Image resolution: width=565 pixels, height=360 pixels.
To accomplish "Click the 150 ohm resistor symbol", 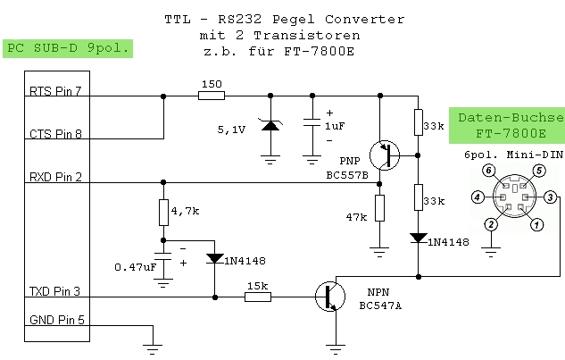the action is click(x=212, y=96).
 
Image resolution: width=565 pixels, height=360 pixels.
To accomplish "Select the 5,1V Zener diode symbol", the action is click(x=270, y=126).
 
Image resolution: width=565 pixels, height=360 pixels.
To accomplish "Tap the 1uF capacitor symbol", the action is click(x=312, y=121).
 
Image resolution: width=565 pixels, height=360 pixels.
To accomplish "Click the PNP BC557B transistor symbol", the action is click(x=385, y=155).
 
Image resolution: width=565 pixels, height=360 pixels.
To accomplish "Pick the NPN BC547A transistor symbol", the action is click(x=330, y=297).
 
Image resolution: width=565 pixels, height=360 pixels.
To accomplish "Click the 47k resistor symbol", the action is click(x=379, y=208).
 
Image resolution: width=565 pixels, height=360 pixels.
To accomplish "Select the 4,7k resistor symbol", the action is click(x=163, y=213).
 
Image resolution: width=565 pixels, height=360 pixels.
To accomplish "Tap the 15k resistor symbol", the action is click(x=258, y=297).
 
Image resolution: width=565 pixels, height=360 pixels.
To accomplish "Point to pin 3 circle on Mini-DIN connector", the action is click(x=550, y=197).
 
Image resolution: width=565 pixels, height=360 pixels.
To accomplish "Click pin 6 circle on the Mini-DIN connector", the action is click(x=488, y=171).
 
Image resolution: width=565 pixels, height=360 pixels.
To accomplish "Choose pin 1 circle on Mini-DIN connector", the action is click(x=537, y=225).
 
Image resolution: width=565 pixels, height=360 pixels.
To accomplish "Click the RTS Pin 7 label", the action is click(x=55, y=91).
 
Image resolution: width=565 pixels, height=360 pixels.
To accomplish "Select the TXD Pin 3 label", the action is click(x=54, y=291).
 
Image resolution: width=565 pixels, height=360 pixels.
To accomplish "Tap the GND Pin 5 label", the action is click(x=57, y=320).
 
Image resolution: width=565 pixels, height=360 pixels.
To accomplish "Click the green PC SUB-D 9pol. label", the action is click(x=68, y=48).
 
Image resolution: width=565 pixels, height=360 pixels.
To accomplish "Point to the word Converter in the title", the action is click(x=365, y=19).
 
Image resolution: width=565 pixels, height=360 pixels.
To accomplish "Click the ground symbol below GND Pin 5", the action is click(x=153, y=349).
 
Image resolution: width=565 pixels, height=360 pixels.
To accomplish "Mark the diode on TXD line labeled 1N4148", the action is click(x=215, y=258).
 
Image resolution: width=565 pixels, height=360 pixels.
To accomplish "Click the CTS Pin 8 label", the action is click(x=56, y=134).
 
